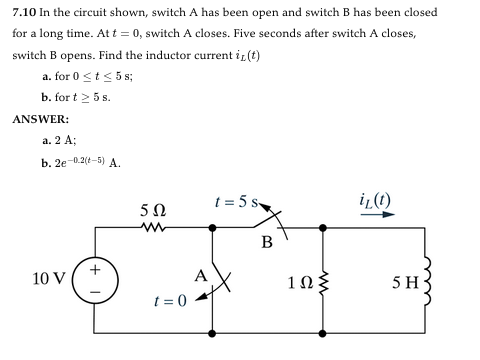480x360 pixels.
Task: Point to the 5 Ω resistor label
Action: (153, 212)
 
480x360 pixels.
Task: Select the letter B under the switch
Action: (267, 241)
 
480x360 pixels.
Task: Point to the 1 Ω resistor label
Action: (298, 283)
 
